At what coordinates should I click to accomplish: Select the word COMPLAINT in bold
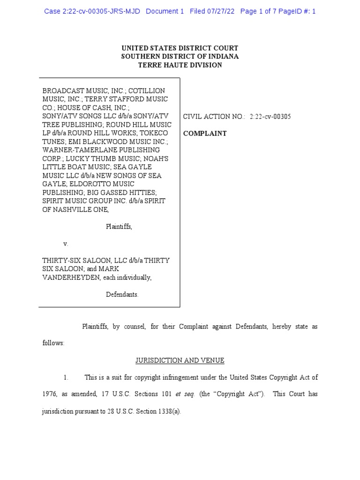click(205, 134)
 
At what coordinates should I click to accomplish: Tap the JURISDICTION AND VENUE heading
click(180, 360)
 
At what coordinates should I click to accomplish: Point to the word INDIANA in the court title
click(222, 56)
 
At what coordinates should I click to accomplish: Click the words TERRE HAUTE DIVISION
click(180, 65)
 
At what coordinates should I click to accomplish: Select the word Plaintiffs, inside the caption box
click(119, 226)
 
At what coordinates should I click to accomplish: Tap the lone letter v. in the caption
click(66, 244)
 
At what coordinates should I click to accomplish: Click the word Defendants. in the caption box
click(122, 294)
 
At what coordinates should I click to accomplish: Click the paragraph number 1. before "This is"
click(66, 377)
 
